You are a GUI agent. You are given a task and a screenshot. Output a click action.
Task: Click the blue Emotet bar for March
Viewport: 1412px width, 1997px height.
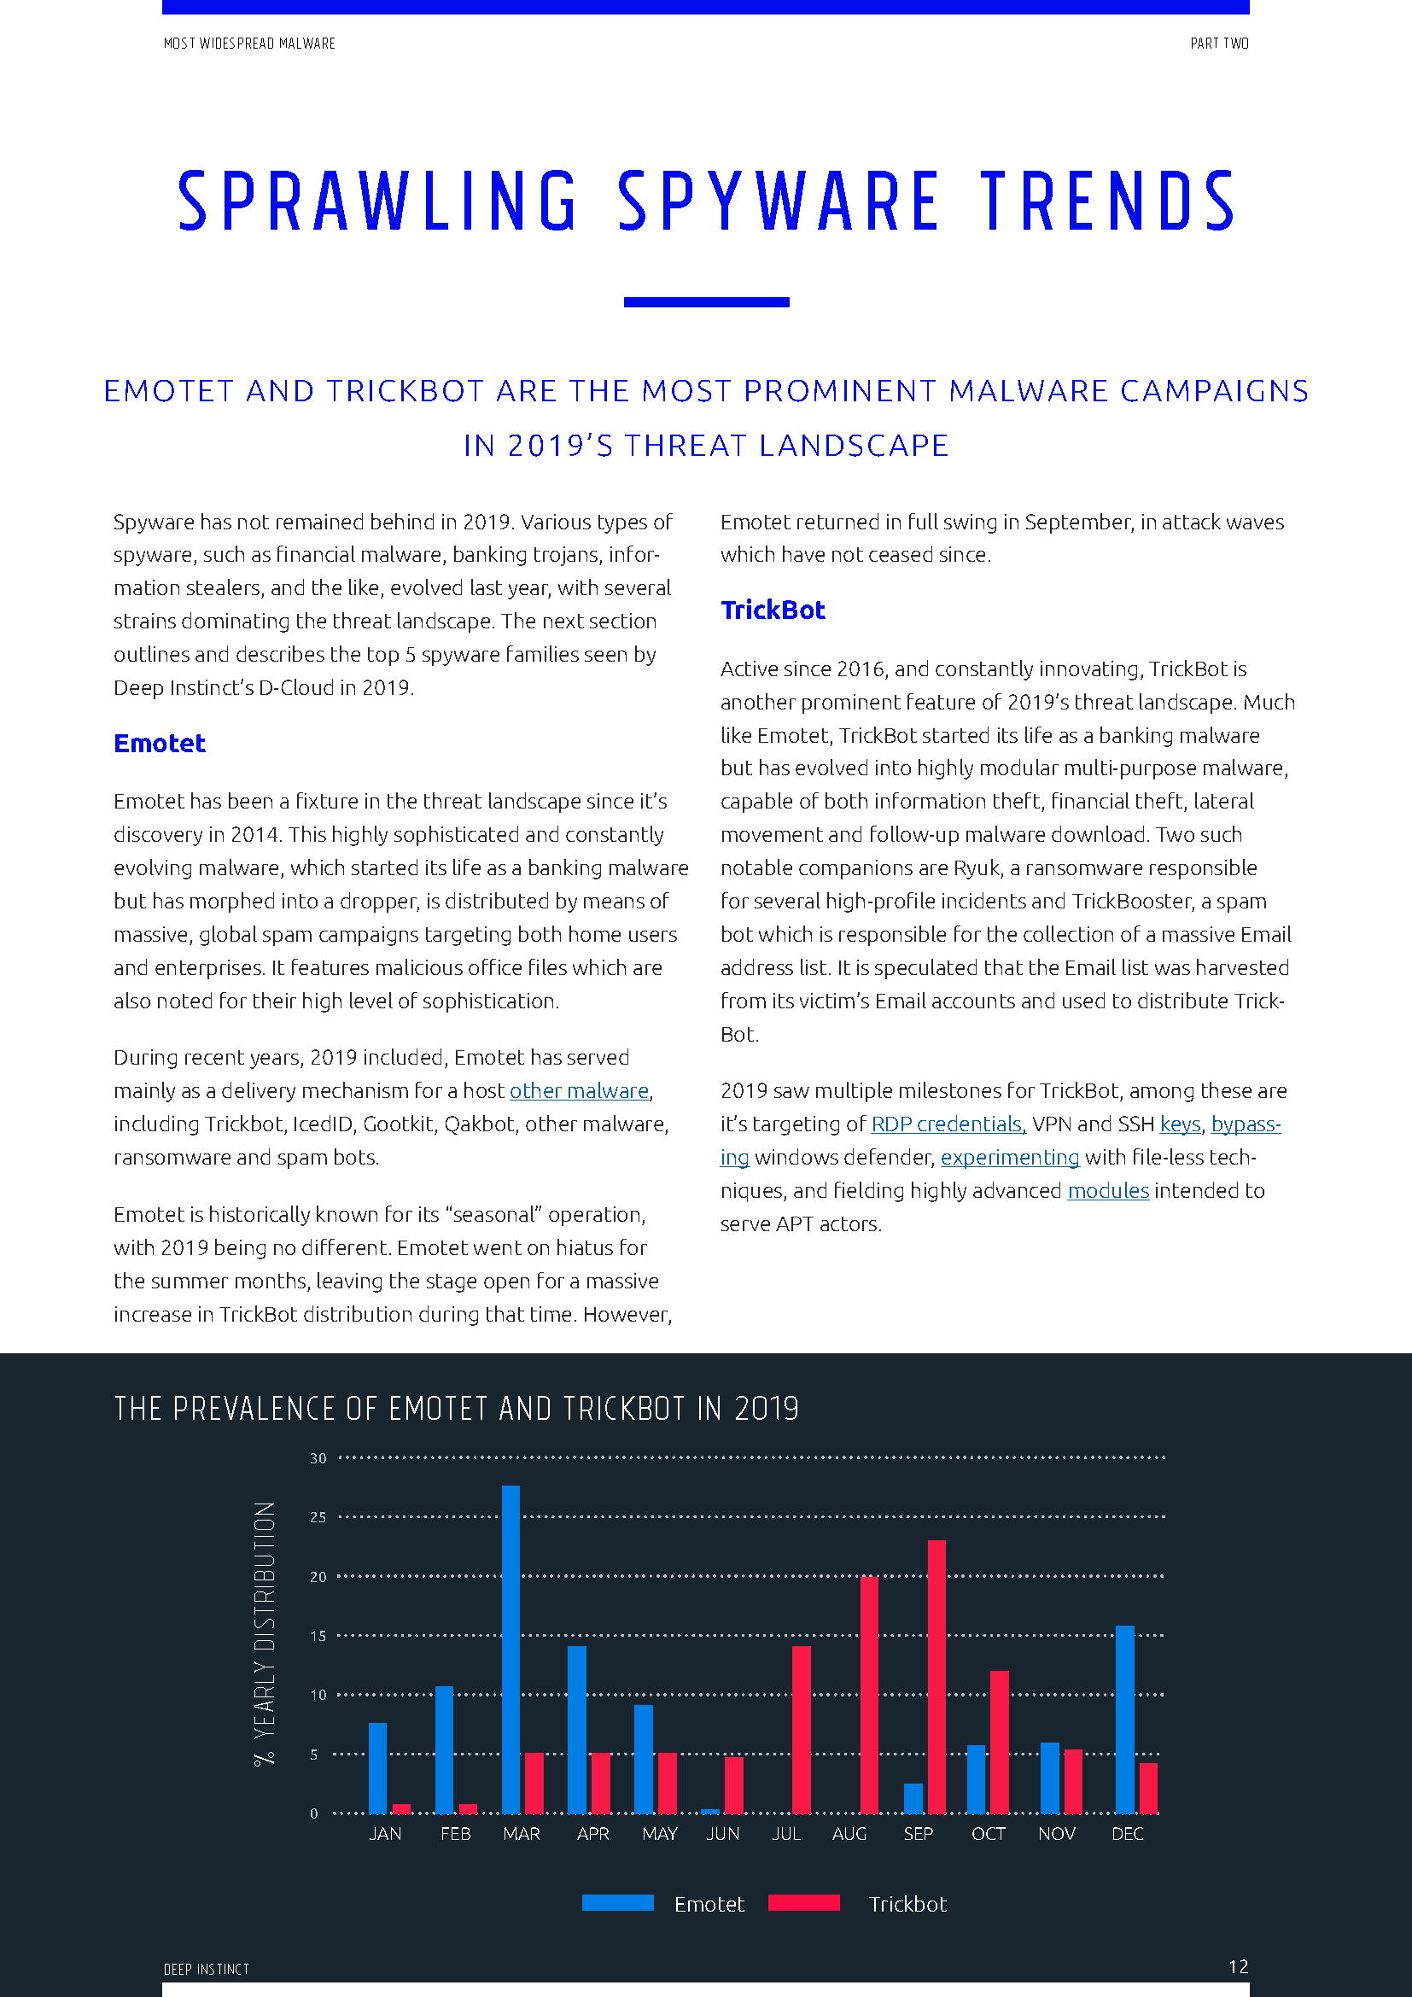coord(511,1650)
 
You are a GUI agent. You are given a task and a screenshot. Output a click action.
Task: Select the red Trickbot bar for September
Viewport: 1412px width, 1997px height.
coord(936,1677)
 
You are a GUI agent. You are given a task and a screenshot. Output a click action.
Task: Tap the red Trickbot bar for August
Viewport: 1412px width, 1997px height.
coord(868,1696)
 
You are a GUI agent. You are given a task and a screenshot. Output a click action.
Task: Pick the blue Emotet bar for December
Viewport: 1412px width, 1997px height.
coord(1124,1720)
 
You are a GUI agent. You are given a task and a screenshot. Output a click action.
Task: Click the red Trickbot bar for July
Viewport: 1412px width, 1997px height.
coord(801,1730)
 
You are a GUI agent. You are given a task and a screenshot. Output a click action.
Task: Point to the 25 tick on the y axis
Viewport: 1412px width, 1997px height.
coord(318,1517)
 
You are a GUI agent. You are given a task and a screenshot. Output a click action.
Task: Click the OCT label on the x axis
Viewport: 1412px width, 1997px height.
coord(988,1833)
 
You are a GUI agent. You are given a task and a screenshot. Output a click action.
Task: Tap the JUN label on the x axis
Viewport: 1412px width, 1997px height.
coord(722,1833)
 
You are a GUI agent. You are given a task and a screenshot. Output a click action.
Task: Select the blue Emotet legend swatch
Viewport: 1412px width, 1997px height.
coord(617,1903)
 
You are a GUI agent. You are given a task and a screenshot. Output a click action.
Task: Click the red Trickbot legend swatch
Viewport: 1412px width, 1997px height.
coord(803,1903)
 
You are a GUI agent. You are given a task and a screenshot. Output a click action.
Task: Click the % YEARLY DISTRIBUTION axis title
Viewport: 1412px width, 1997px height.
coord(265,1632)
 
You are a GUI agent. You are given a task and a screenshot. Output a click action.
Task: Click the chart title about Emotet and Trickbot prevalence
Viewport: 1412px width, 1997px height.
coord(457,1409)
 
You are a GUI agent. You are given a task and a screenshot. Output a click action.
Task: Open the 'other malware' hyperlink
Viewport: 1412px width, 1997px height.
coord(579,1090)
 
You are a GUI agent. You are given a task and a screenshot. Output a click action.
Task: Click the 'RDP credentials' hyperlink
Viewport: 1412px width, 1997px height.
coord(948,1124)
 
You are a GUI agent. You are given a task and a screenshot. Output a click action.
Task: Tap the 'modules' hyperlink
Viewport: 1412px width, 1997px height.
coord(1108,1191)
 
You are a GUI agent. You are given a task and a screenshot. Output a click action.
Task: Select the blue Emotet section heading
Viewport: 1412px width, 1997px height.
coord(159,744)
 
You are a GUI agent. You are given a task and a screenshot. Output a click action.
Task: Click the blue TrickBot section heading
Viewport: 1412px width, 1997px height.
coord(772,610)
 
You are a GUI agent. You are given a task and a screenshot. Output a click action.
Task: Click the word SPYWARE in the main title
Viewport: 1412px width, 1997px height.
coord(779,201)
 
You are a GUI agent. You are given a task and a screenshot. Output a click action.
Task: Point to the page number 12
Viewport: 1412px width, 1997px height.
coord(1237,1966)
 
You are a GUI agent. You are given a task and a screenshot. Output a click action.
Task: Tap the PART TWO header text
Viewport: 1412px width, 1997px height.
coord(1219,44)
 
